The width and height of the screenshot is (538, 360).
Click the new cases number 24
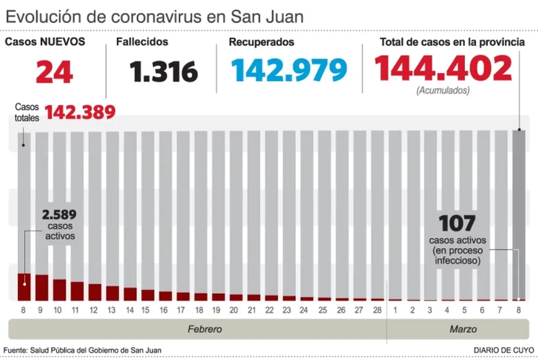pos(54,73)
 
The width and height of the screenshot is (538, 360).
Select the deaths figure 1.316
pos(164,72)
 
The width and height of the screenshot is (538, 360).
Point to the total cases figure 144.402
pos(443,69)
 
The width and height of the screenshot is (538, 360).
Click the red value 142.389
pos(80,112)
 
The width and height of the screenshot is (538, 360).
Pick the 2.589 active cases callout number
pos(60,215)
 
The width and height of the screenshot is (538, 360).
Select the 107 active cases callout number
pos(457,223)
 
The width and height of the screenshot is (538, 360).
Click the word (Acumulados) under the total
pos(443,91)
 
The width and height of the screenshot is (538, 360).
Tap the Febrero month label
pos(204,329)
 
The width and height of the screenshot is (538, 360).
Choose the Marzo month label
pos(462,329)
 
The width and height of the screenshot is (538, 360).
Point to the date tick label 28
pos(378,310)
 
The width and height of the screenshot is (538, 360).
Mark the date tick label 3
pos(430,310)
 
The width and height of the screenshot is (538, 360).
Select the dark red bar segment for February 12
pos(95,292)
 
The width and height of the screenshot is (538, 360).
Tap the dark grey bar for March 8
pos(519,215)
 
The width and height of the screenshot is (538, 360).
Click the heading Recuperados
pos(261,42)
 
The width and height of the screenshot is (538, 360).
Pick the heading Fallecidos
pos(143,42)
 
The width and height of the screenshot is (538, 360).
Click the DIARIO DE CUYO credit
pos(504,350)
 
